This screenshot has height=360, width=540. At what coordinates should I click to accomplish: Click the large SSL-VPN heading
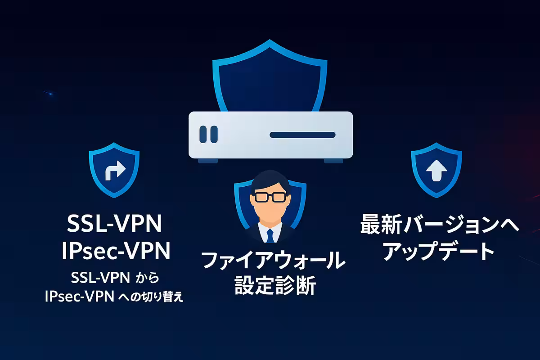click(x=114, y=224)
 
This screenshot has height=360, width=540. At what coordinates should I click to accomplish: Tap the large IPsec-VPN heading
click(x=116, y=251)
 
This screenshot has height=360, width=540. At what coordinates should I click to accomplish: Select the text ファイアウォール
click(x=274, y=260)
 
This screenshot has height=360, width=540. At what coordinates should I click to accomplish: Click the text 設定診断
click(x=275, y=285)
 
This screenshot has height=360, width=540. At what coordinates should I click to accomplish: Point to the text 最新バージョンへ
click(x=440, y=224)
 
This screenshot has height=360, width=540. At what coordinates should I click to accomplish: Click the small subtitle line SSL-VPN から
click(x=115, y=278)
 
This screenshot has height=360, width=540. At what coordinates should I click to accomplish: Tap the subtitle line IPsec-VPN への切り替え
click(x=114, y=297)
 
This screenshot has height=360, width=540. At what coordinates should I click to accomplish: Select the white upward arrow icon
click(x=436, y=171)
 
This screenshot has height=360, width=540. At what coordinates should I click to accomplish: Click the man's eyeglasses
click(x=270, y=197)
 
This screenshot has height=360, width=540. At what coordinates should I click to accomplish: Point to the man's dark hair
click(x=270, y=180)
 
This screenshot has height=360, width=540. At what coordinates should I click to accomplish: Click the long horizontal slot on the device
click(x=302, y=135)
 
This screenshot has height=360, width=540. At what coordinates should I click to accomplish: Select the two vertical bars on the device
click(x=208, y=134)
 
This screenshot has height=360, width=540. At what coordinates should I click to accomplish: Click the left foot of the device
click(x=208, y=161)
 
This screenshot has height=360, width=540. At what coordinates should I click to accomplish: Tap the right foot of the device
click(x=333, y=161)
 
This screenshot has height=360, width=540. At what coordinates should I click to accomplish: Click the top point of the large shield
click(x=270, y=40)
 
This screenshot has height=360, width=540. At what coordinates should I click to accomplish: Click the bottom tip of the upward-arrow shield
click(x=436, y=198)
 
